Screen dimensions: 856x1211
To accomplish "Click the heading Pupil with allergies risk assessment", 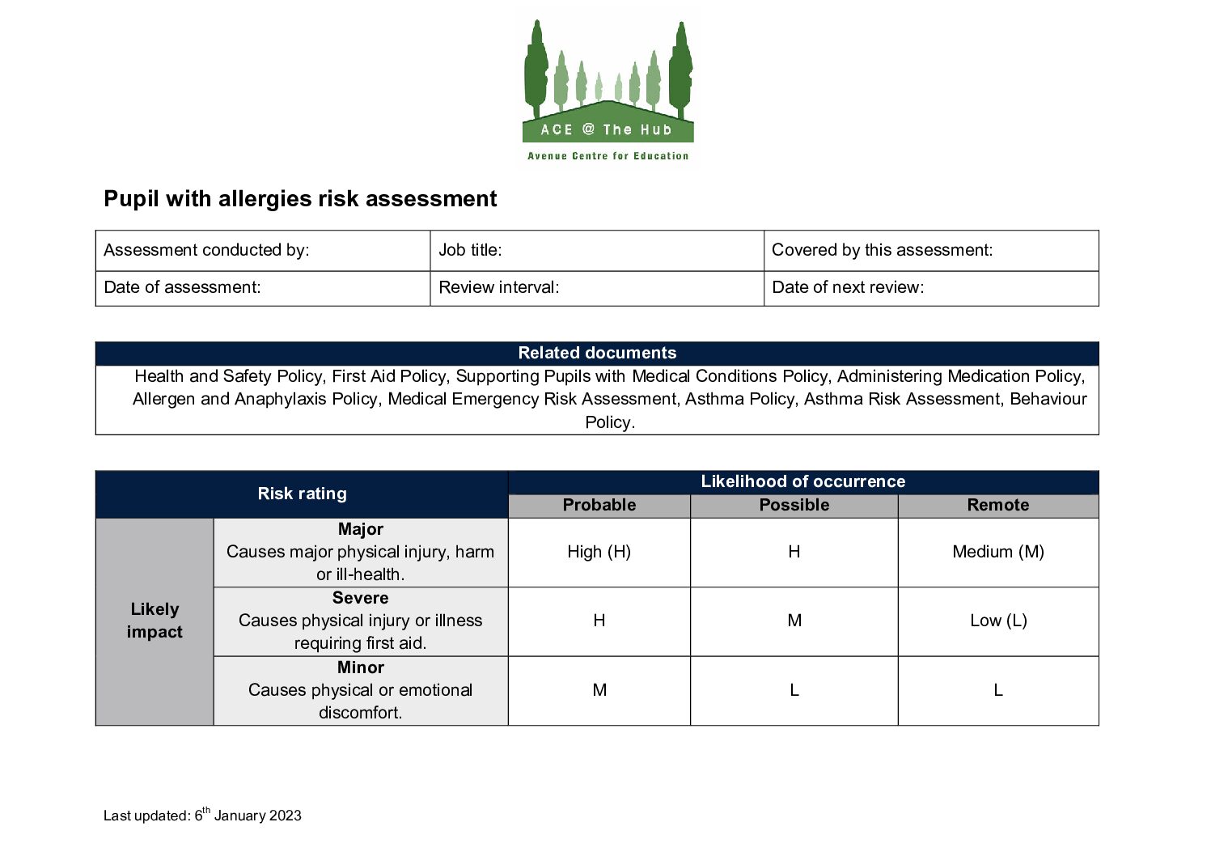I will pyautogui.click(x=300, y=199).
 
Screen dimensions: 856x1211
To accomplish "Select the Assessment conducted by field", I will pyautogui.click(x=263, y=250).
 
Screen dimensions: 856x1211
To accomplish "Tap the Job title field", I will pyautogui.click(x=596, y=250).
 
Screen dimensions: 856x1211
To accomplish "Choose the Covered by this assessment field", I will pyautogui.click(x=930, y=250).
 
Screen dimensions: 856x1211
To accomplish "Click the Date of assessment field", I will pyautogui.click(x=263, y=288).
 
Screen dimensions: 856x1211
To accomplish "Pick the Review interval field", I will pyautogui.click(x=596, y=288).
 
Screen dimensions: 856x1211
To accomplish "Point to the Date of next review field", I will pyautogui.click(x=930, y=288).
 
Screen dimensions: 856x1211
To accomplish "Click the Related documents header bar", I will pyautogui.click(x=597, y=354).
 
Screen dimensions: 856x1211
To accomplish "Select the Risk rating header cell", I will pyautogui.click(x=302, y=494).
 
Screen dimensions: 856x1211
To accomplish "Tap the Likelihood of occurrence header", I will pyautogui.click(x=802, y=481).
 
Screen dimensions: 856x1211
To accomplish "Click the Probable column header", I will pyautogui.click(x=599, y=505).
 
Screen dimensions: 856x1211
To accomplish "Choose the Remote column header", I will pyautogui.click(x=997, y=505).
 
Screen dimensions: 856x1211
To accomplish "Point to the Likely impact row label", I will pyautogui.click(x=155, y=621).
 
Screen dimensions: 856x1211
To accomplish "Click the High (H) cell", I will pyautogui.click(x=599, y=552).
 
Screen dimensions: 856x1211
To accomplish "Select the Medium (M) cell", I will pyautogui.click(x=997, y=552).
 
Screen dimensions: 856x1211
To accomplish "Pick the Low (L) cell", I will pyautogui.click(x=997, y=621).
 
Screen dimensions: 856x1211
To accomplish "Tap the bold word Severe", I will pyautogui.click(x=360, y=598).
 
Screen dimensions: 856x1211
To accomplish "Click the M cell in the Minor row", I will pyautogui.click(x=599, y=690).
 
